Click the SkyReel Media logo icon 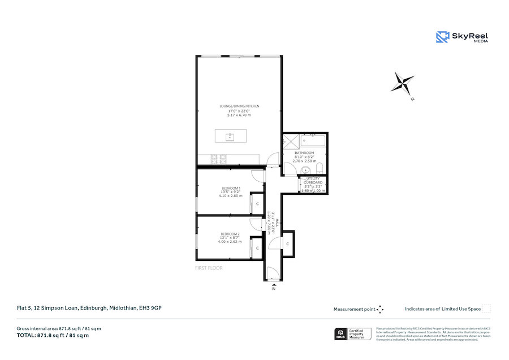click(x=442, y=37)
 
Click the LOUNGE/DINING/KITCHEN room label click(x=239, y=106)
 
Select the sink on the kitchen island click(x=230, y=137)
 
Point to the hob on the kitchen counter click(x=218, y=160)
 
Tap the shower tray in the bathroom click(x=291, y=142)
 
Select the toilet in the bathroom click(x=320, y=167)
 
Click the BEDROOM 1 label click(x=231, y=188)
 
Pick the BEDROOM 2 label click(x=230, y=234)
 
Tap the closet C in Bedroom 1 click(x=257, y=203)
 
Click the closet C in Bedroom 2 click(x=257, y=248)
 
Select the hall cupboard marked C click(x=288, y=243)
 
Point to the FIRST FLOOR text click(x=209, y=268)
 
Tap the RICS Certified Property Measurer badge click(x=353, y=334)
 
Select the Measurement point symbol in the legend click(x=380, y=309)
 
